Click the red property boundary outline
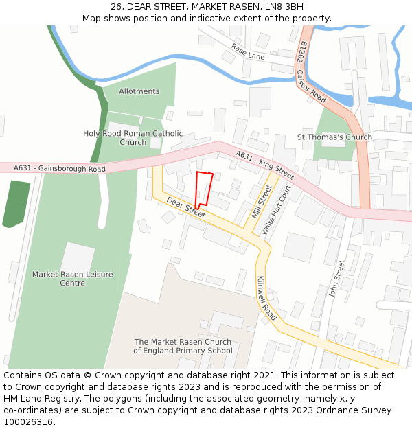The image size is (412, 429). click(203, 189)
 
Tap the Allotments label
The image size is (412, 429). click(139, 91)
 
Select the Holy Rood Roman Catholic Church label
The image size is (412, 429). click(133, 138)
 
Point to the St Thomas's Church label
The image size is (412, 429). click(334, 137)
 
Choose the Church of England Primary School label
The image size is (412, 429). click(183, 347)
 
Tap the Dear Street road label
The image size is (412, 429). click(186, 209)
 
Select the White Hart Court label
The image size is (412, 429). click(276, 210)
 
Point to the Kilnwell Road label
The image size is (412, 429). click(266, 299)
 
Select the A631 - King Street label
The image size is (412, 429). click(264, 165)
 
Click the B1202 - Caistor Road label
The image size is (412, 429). click(312, 71)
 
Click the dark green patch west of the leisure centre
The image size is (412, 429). click(16, 203)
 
